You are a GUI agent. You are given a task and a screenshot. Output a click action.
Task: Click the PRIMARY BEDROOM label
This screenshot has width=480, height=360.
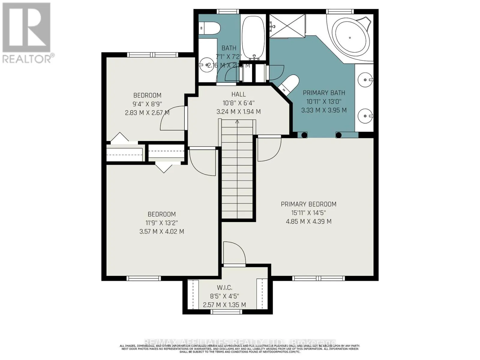tap(308, 204)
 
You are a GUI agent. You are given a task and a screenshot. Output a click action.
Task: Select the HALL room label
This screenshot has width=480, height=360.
tap(238, 94)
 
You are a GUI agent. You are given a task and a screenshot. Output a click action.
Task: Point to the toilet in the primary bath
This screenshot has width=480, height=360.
tap(289, 84)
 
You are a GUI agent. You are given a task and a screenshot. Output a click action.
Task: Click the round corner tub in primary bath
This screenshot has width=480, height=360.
tap(350, 37)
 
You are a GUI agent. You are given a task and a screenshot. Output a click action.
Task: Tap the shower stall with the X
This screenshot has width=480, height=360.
tap(287, 26)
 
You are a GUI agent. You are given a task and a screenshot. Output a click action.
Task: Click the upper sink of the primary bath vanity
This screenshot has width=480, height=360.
tap(365, 80)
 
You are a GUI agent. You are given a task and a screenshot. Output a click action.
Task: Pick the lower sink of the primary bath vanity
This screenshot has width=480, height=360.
tap(365, 115)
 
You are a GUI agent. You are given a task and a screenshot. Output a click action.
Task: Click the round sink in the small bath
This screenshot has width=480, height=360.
tap(206, 64)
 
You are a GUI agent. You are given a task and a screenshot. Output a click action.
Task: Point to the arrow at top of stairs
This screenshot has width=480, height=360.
tap(237, 121)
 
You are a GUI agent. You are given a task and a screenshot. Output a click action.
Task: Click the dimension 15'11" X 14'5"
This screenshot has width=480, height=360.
tap(308, 213)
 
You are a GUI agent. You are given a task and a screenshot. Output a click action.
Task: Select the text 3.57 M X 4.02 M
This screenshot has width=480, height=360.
tap(162, 232)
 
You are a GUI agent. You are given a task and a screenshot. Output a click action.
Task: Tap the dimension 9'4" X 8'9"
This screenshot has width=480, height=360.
tap(147, 104)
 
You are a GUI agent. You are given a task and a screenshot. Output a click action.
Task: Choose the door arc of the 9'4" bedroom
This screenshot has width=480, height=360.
tap(172, 118)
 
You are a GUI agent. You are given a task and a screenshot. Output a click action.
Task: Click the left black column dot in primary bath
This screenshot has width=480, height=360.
tap(304, 135)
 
